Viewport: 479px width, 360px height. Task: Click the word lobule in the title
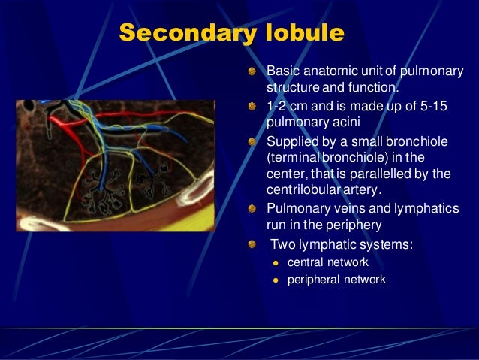[305, 32]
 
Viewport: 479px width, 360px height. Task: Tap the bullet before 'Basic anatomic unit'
[252, 71]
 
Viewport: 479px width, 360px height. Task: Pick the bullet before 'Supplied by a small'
[252, 142]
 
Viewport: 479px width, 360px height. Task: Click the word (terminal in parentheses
[293, 158]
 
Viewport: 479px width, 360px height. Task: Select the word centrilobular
[303, 189]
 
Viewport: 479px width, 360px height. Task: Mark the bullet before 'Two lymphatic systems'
[252, 244]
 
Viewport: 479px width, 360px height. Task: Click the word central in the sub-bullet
[305, 262]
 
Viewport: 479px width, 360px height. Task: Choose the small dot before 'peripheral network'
[276, 280]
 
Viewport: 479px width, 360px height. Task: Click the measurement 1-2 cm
[287, 106]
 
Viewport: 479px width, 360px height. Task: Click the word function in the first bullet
[373, 87]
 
